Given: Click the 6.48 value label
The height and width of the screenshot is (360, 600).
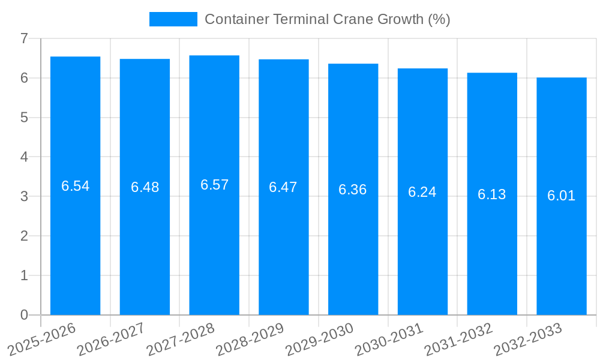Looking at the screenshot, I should [x=145, y=187].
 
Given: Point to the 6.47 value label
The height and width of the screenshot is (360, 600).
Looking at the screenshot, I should [x=283, y=187].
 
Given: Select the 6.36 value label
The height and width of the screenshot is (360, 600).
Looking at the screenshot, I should [x=353, y=190].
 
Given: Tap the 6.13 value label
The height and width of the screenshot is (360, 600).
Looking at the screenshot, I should [x=492, y=194].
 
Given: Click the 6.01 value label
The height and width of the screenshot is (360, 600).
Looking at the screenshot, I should [x=562, y=196].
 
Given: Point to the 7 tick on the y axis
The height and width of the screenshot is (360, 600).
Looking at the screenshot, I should [x=24, y=38].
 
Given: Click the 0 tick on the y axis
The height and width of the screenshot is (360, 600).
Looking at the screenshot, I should [x=24, y=315].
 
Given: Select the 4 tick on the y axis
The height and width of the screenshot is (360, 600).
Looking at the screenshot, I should [x=24, y=157].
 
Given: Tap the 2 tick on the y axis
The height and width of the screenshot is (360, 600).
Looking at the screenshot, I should [x=24, y=236].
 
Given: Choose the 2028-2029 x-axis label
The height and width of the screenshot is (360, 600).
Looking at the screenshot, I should [x=250, y=338].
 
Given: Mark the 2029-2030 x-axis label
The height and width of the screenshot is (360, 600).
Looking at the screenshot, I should [x=319, y=338].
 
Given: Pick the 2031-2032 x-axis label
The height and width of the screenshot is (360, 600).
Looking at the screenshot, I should [x=458, y=338].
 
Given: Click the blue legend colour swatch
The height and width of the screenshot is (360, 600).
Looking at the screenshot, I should [x=173, y=19].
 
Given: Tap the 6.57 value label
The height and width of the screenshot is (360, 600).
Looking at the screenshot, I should [x=214, y=185].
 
